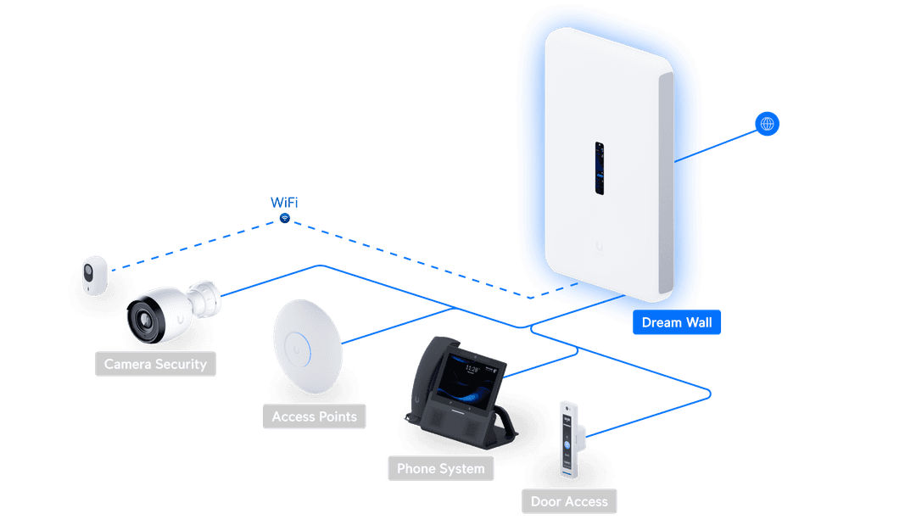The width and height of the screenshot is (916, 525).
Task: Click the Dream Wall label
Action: coord(676,322)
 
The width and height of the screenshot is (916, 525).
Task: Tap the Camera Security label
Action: coord(155,365)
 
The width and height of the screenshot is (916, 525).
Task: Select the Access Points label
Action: coord(315,416)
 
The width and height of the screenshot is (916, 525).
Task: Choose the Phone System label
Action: coord(441,468)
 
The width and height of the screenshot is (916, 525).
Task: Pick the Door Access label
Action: coord(569,501)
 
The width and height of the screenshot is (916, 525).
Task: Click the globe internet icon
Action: coord(768,124)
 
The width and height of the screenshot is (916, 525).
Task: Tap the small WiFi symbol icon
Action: coord(285,219)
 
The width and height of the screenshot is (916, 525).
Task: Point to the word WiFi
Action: coord(284,202)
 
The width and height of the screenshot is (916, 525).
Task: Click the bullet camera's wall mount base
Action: coord(207,296)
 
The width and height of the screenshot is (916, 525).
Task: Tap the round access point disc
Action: coord(307,346)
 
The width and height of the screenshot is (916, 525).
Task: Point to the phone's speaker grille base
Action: coord(441,420)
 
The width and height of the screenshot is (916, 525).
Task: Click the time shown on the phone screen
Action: coord(471,369)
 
